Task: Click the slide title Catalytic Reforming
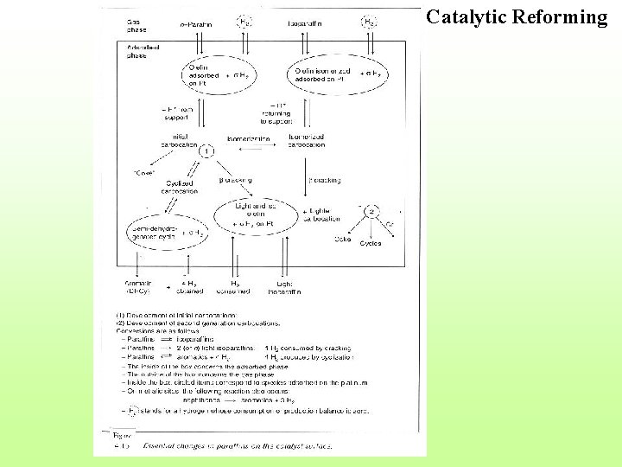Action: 517,17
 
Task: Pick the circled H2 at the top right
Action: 369,22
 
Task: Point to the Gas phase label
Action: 136,25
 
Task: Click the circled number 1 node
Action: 206,150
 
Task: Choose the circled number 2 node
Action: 371,212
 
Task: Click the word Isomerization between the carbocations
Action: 247,138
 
